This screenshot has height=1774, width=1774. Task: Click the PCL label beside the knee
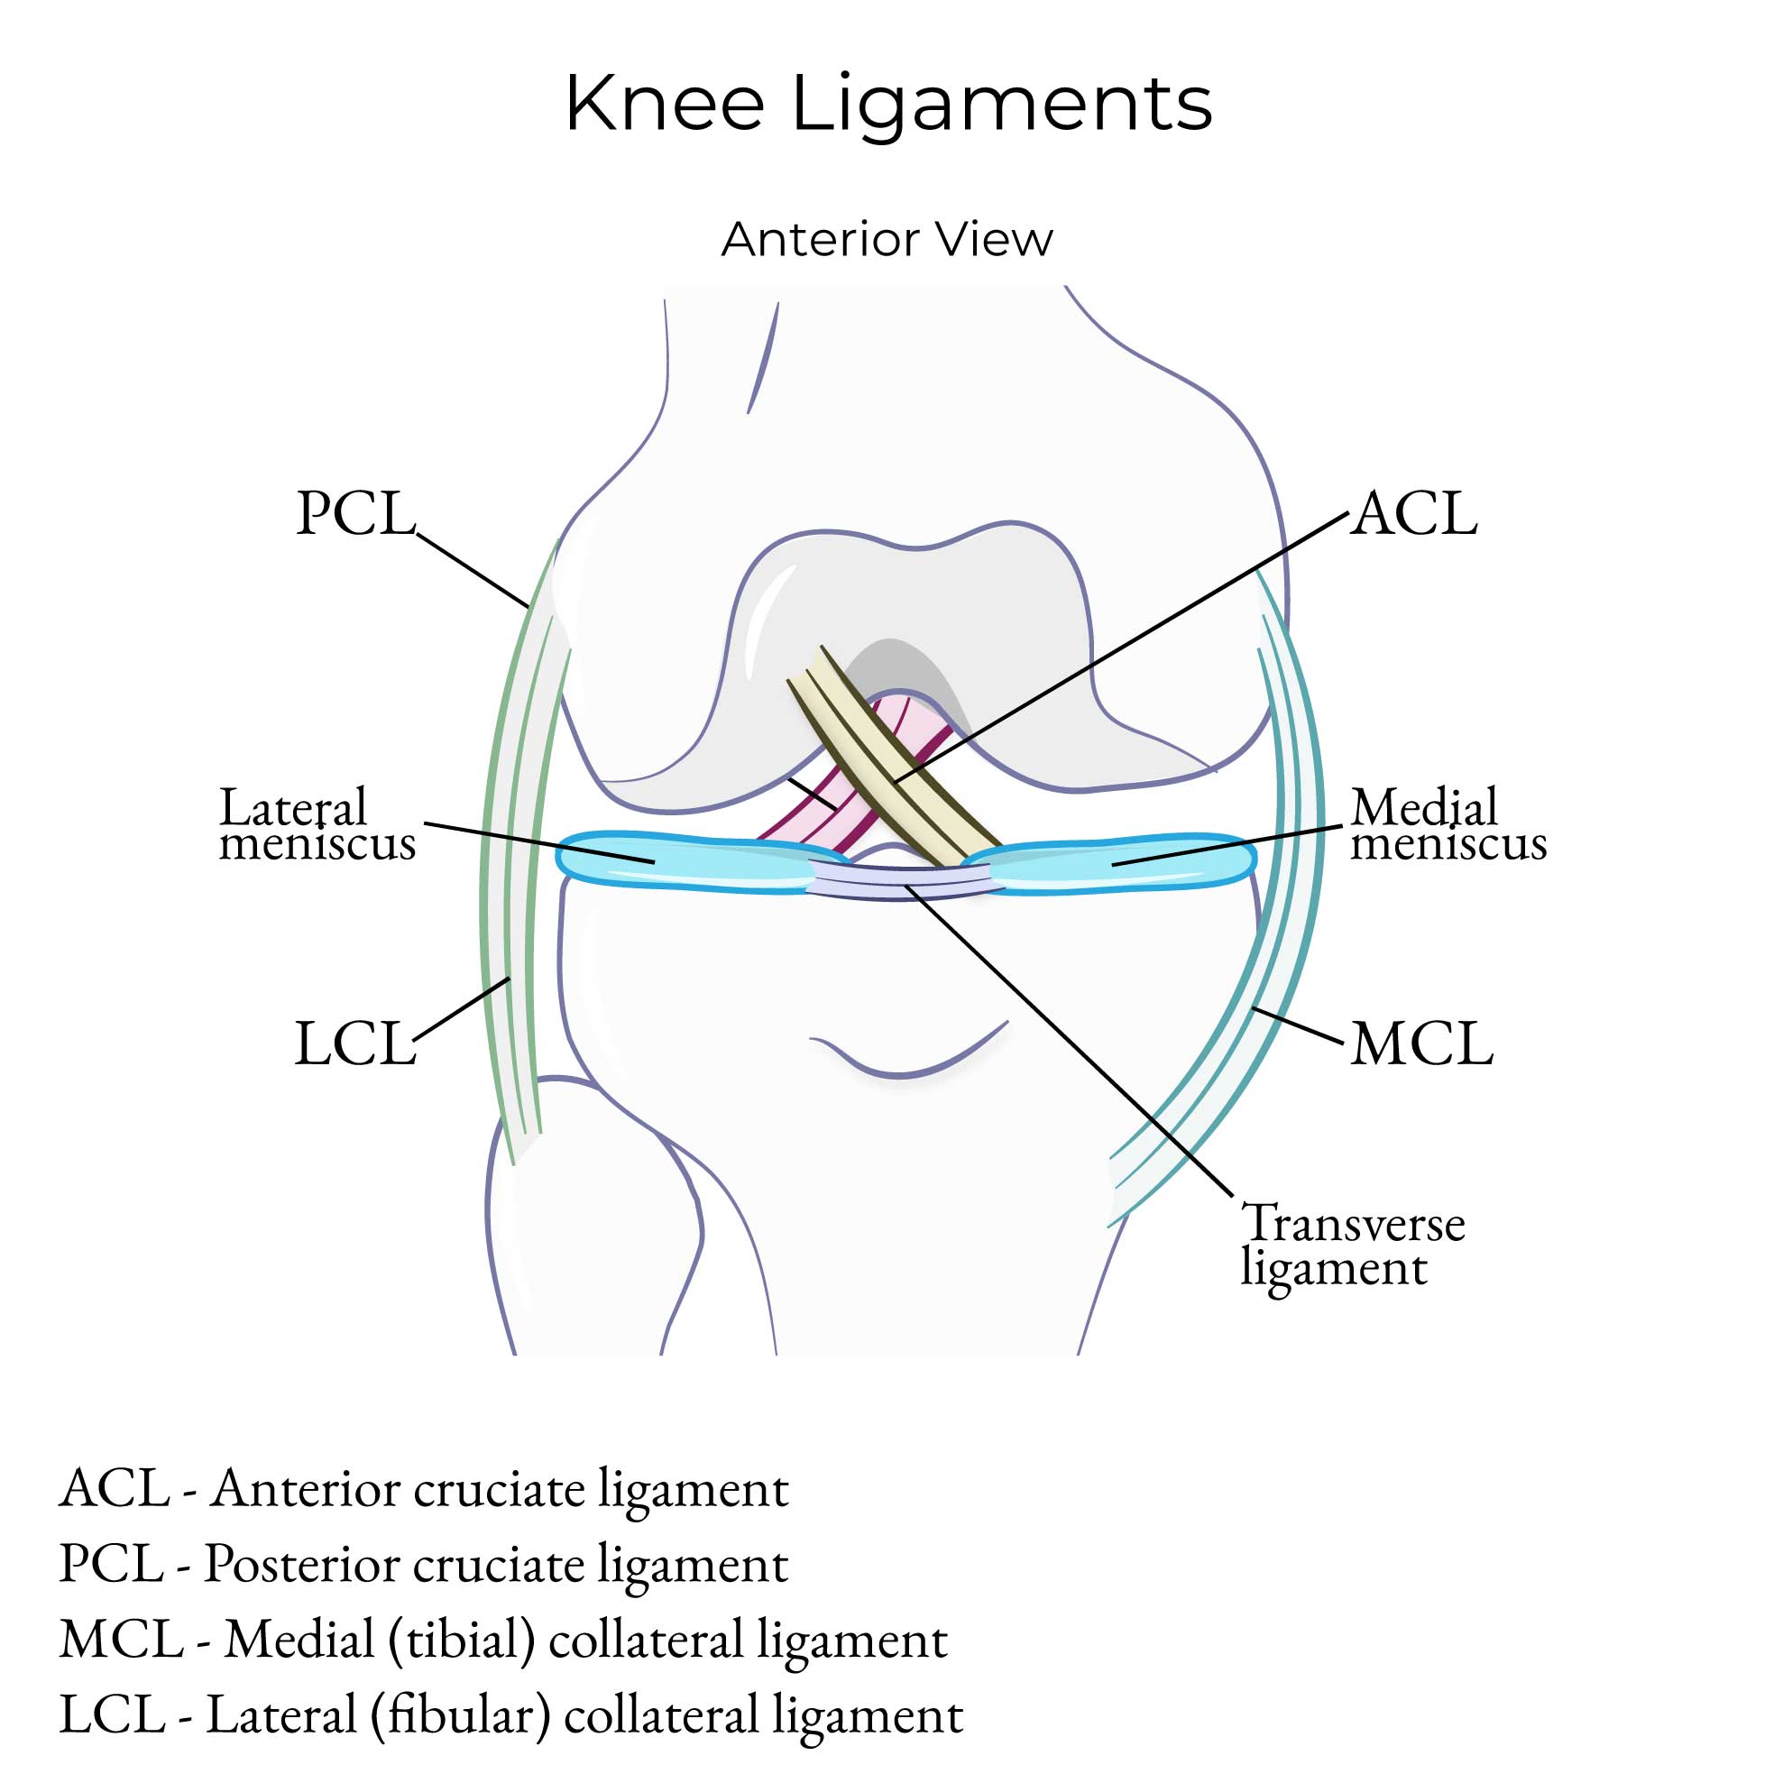pyautogui.click(x=356, y=513)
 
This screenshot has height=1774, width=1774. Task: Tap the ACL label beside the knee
pyautogui.click(x=1415, y=513)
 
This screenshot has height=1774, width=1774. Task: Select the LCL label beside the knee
pyautogui.click(x=355, y=1044)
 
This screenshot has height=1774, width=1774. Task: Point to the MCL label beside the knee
pyautogui.click(x=1421, y=1044)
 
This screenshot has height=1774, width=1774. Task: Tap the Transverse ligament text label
pyautogui.click(x=1352, y=1246)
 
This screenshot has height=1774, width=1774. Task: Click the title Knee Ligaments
pyautogui.click(x=887, y=103)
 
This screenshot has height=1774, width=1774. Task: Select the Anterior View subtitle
pyautogui.click(x=887, y=240)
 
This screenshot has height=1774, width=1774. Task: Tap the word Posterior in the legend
pyautogui.click(x=300, y=1564)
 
